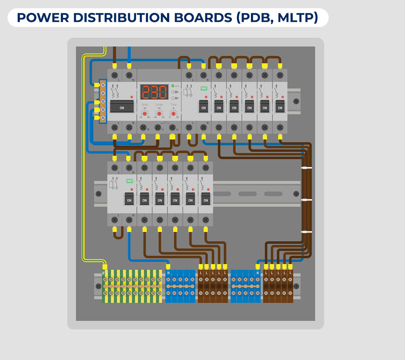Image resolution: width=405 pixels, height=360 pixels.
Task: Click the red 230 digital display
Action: [154, 92]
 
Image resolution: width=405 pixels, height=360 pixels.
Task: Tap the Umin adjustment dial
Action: [145, 113]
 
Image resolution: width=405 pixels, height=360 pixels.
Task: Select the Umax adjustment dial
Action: [159, 113]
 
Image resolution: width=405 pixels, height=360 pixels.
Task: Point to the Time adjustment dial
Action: [173, 113]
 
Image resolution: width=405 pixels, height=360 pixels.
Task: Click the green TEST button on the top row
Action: [204, 89]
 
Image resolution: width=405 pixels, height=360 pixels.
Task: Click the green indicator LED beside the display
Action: [173, 86]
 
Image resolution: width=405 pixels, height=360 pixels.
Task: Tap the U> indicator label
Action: [177, 92]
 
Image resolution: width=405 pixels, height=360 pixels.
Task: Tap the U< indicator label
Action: [177, 98]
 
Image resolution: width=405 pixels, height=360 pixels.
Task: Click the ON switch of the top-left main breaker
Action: [122, 108]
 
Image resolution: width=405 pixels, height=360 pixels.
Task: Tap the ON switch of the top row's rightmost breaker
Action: [280, 108]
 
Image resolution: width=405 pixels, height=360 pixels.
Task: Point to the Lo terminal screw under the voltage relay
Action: [172, 127]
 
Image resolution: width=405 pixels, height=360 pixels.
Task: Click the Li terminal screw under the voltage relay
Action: [158, 127]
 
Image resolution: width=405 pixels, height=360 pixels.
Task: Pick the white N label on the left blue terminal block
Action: [168, 273]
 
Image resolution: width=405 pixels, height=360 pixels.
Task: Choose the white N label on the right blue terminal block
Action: [257, 273]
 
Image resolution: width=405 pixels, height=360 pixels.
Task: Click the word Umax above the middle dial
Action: [159, 104]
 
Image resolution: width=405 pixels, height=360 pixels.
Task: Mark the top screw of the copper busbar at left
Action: [103, 85]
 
